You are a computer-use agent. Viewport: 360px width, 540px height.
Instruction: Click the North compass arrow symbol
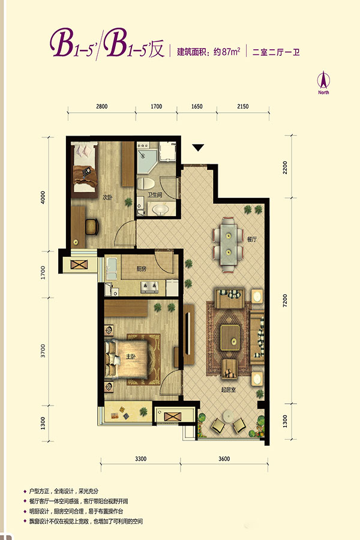[x=323, y=80]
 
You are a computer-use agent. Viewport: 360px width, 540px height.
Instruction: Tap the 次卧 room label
[x=107, y=197]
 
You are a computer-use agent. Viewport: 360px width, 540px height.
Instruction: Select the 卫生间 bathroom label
[x=155, y=195]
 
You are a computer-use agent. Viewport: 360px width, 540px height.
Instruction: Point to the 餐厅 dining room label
[x=251, y=239]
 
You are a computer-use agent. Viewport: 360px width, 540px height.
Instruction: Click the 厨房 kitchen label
[x=141, y=269]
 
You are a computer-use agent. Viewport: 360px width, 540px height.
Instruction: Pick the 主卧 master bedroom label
[x=131, y=357]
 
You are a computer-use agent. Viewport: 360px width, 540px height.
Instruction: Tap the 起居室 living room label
[x=229, y=390]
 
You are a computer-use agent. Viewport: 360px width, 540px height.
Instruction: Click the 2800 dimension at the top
[x=101, y=106]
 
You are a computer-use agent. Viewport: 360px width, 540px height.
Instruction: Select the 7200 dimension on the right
[x=285, y=301]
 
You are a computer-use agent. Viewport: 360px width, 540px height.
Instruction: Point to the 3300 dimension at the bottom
[x=140, y=459]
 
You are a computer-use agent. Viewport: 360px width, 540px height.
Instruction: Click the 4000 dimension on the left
[x=43, y=197]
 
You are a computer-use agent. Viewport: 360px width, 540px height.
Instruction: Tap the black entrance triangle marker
[x=198, y=148]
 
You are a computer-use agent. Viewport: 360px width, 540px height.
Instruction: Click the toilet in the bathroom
[x=146, y=183]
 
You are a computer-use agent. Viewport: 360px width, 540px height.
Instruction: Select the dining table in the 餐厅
[x=228, y=244]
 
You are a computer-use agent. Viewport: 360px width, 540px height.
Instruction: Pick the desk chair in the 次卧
[x=92, y=227]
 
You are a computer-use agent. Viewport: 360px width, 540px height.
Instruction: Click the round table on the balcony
[x=228, y=416]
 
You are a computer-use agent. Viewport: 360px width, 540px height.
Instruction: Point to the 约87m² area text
[x=227, y=52]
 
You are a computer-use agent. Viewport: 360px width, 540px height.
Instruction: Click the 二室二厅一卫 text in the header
[x=276, y=52]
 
